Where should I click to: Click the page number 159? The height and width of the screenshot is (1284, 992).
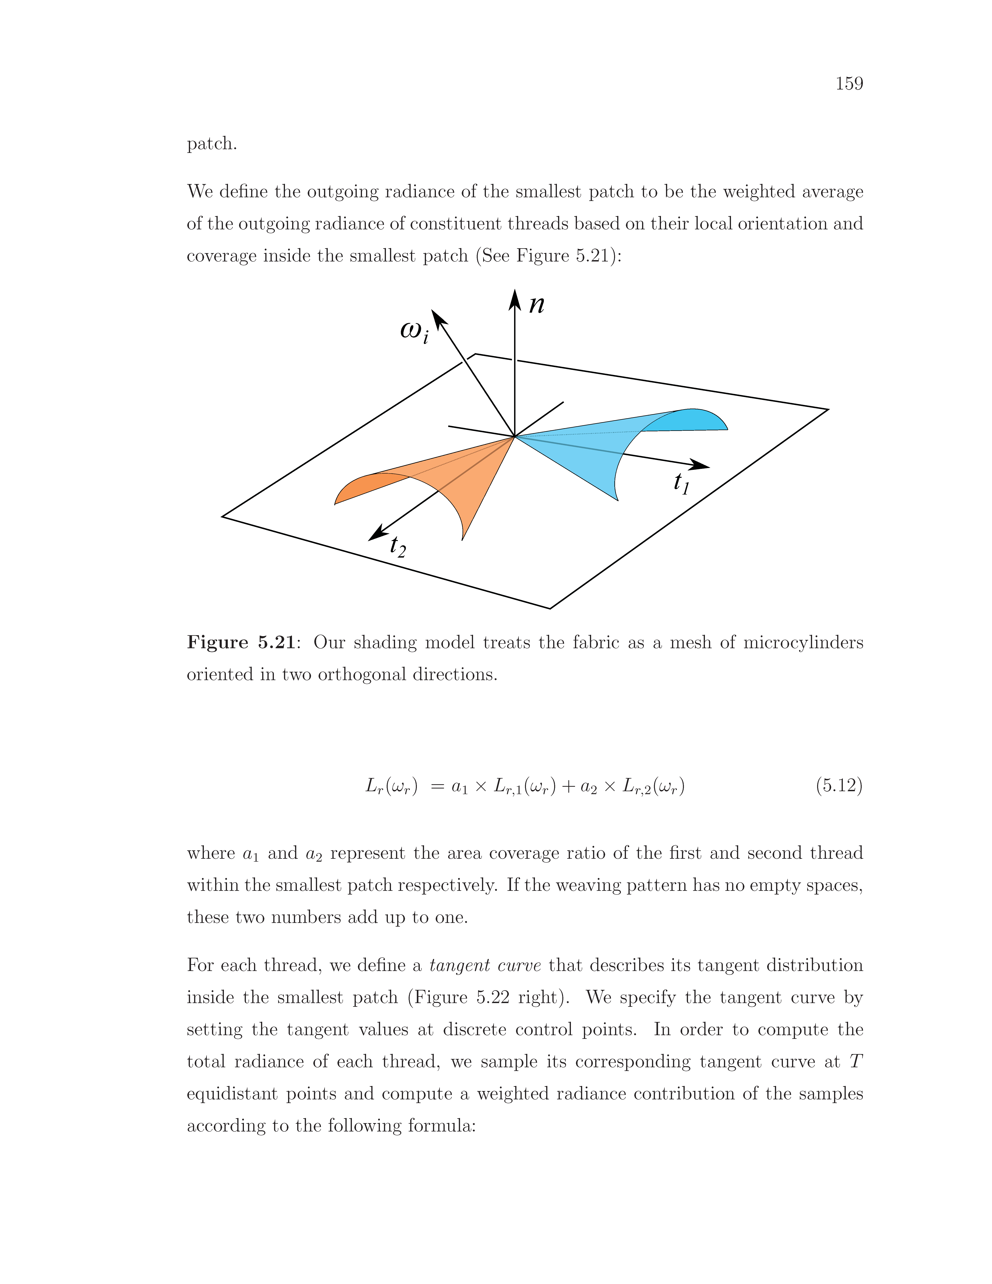(849, 84)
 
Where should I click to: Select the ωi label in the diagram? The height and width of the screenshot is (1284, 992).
(414, 331)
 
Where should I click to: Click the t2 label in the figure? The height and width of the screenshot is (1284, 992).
(398, 547)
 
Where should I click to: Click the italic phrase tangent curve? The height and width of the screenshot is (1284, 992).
(485, 965)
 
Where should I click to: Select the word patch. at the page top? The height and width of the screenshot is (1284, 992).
(212, 144)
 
